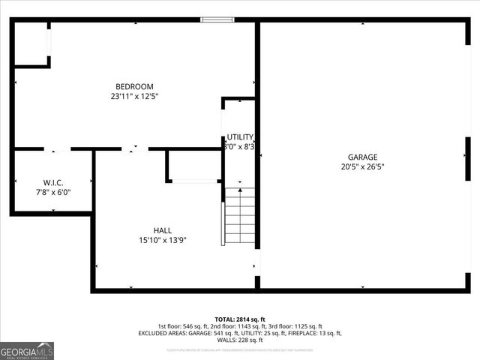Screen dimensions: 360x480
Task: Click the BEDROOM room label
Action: [x=134, y=85]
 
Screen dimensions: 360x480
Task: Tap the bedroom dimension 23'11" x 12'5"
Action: [x=134, y=96]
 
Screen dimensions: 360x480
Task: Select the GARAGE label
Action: [x=363, y=156]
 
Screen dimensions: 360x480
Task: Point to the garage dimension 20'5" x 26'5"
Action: [x=363, y=166]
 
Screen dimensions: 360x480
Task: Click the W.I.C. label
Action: [x=52, y=182]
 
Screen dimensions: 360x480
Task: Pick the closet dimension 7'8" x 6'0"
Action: [x=52, y=192]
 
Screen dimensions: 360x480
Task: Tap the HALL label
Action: [x=162, y=230]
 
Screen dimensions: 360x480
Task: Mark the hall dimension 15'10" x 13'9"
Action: [x=162, y=241]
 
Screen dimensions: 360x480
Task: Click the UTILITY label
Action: [x=240, y=137]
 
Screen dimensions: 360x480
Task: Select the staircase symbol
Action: [x=240, y=216]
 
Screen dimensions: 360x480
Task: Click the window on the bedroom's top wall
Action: [x=217, y=19]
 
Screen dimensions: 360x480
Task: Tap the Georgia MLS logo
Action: [x=27, y=350]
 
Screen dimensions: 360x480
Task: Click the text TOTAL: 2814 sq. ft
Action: [x=239, y=319]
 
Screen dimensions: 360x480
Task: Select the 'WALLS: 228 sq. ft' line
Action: [x=240, y=340]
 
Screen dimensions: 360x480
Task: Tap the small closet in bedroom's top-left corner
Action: [x=31, y=44]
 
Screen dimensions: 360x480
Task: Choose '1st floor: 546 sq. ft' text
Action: [x=181, y=326]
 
